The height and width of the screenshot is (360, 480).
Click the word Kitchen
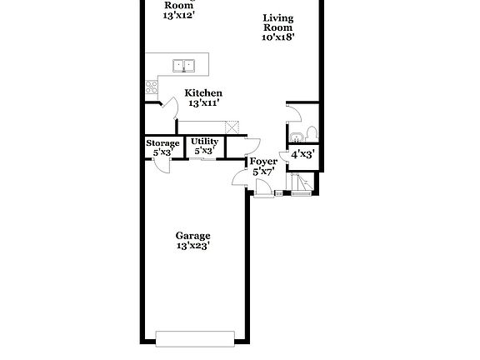click(x=202, y=92)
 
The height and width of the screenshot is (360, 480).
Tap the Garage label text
click(x=192, y=235)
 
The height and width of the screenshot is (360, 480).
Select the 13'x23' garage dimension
click(x=192, y=246)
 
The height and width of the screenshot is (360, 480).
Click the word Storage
click(x=162, y=142)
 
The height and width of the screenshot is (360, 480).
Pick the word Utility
click(x=205, y=142)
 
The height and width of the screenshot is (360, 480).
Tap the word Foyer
click(x=263, y=161)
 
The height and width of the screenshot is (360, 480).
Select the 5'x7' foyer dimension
click(x=263, y=172)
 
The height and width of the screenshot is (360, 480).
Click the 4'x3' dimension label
click(x=301, y=154)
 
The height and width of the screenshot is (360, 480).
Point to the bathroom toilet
click(x=310, y=133)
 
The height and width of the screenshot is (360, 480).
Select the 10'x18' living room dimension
click(x=277, y=37)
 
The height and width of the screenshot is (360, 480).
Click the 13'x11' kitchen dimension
click(x=202, y=103)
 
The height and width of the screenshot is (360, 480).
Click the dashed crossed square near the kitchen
click(x=234, y=127)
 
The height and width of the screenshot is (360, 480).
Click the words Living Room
click(x=277, y=22)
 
